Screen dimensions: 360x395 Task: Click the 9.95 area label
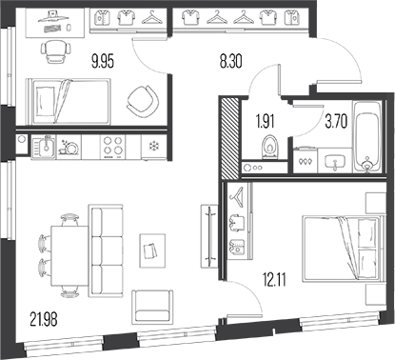[x=102, y=63]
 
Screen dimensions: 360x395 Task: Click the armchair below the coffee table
[x=153, y=308]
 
